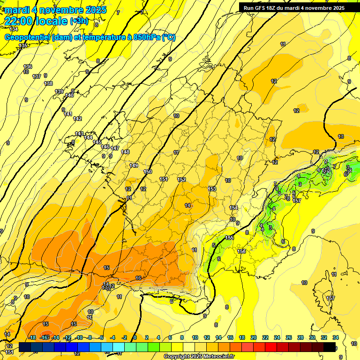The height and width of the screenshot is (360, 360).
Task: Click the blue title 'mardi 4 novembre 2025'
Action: coord(55,10)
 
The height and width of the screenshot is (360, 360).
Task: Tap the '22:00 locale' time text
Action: coord(36,21)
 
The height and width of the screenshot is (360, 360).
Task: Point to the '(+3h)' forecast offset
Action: coord(78,21)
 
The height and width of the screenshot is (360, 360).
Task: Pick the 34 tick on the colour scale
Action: coord(335,337)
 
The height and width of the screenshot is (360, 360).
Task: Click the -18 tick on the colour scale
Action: coord(32,337)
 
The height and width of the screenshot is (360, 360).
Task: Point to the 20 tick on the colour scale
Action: coord(253,337)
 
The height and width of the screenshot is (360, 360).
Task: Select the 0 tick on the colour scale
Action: coord(135,337)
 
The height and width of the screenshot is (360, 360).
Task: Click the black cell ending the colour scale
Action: coord(330,347)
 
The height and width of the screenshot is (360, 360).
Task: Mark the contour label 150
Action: coord(148,172)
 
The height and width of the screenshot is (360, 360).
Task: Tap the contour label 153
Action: coord(212,189)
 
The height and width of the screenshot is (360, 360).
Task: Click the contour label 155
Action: coord(229,238)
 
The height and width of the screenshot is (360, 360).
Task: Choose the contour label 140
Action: coord(69,95)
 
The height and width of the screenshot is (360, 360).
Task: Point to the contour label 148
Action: coord(125,152)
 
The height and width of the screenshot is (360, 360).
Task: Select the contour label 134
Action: coord(14,29)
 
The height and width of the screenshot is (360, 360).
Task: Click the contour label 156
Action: coord(241,252)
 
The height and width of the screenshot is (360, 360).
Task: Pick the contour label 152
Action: coord(181,180)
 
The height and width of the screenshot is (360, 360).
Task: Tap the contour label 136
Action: coord(28,67)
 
